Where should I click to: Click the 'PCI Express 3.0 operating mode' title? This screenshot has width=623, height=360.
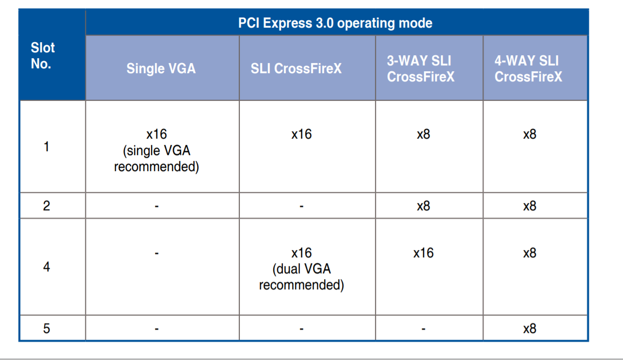pos(335,23)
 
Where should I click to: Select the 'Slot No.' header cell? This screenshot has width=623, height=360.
pos(43,55)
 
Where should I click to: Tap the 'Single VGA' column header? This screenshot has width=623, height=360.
pos(161,68)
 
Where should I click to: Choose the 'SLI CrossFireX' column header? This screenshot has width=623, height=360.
pos(296,68)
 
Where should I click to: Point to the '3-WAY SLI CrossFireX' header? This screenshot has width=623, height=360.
pos(421,68)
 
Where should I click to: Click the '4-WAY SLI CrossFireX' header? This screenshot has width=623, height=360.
pos(528,68)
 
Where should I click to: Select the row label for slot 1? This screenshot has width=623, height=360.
pos(47,146)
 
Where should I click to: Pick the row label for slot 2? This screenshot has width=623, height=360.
pos(47,206)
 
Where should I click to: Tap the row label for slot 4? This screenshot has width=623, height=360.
pos(47,266)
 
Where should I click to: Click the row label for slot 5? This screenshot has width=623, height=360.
pos(47,329)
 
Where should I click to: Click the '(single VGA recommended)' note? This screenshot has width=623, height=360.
pos(156,159)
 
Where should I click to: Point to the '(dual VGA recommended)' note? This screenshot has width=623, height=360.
pos(301,277)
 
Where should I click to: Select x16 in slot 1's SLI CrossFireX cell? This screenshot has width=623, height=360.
pos(301,134)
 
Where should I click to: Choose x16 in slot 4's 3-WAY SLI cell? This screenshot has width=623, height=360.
pos(423,253)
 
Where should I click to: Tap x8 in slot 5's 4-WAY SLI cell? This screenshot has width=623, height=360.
pos(530,329)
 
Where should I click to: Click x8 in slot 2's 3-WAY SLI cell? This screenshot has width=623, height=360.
pos(423,206)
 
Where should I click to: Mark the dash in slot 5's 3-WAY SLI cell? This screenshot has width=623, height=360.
pos(423,329)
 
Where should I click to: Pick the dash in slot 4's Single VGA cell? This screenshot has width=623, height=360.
pos(156,253)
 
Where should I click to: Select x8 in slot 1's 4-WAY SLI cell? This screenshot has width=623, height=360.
pos(530,134)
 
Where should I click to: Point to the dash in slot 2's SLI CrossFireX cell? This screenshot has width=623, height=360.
pos(301,206)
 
